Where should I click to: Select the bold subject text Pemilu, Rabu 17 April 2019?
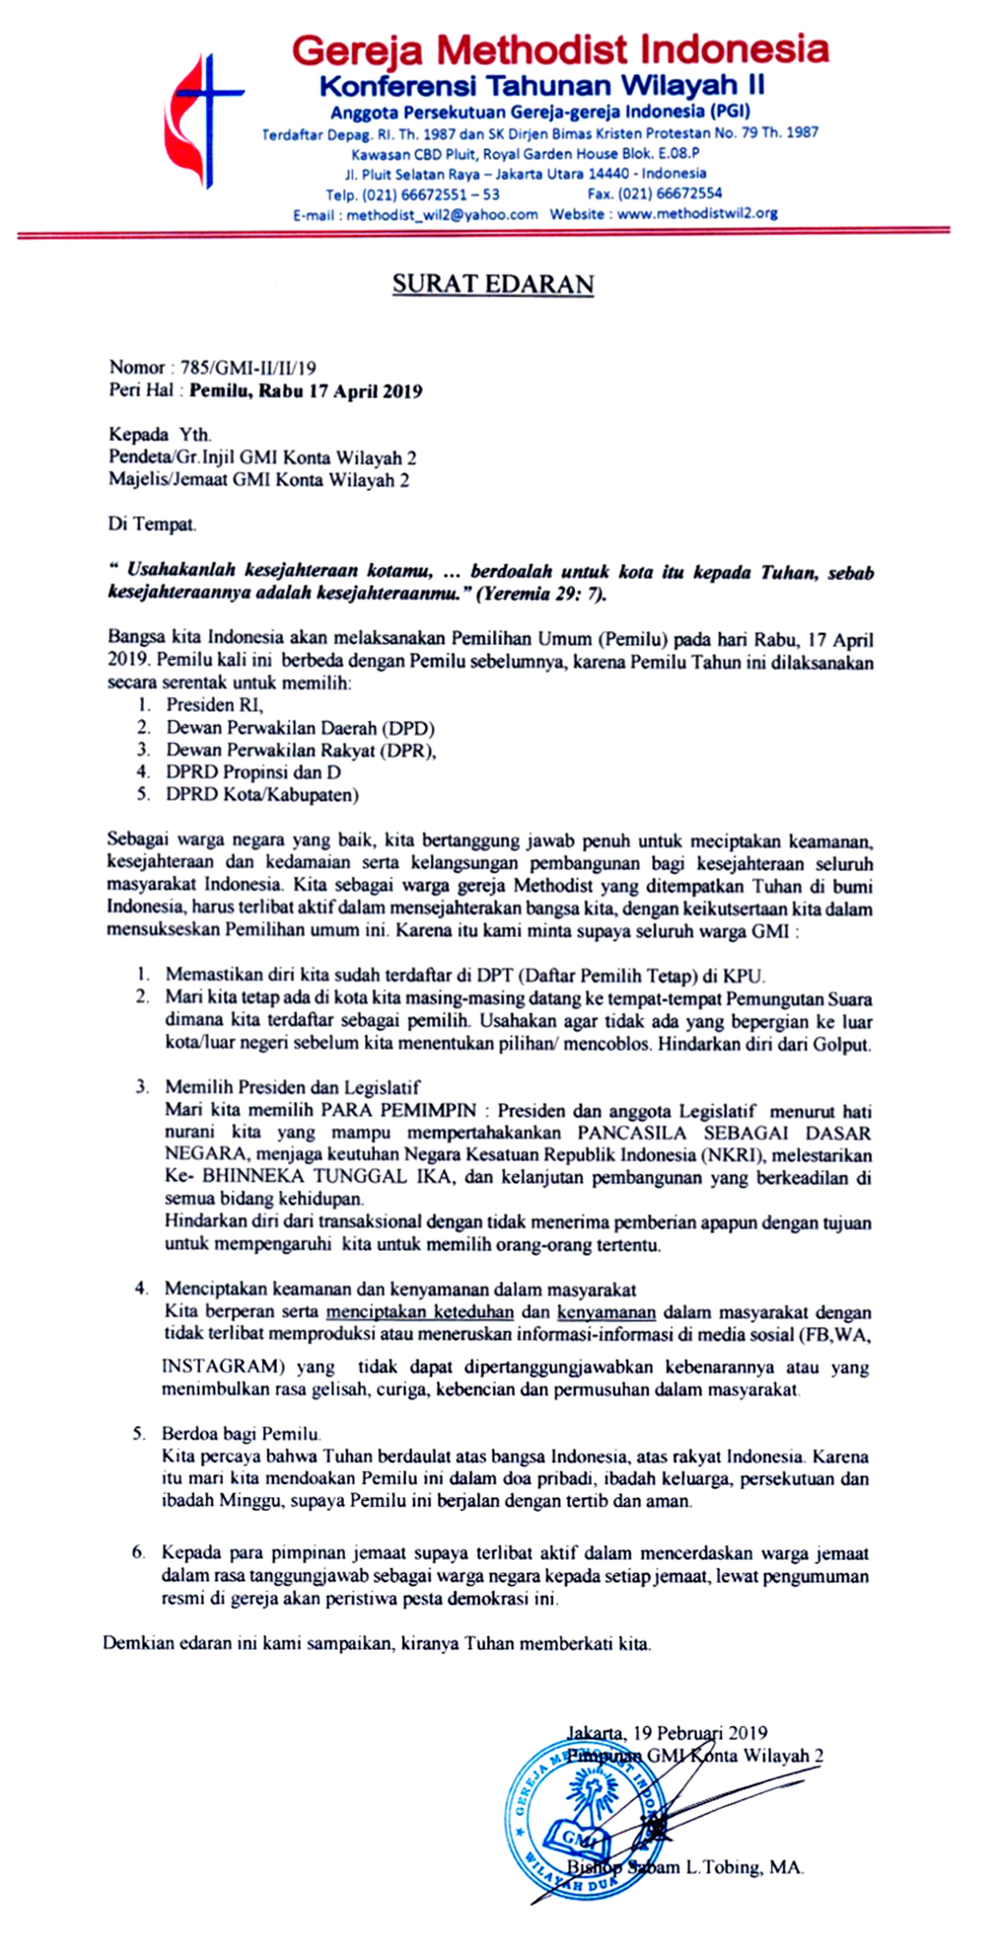pyautogui.click(x=306, y=392)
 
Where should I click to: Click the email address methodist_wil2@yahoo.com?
pyautogui.click(x=442, y=215)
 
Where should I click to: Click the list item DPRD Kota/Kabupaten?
pyautogui.click(x=262, y=795)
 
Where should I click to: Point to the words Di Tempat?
pyautogui.click(x=152, y=524)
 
